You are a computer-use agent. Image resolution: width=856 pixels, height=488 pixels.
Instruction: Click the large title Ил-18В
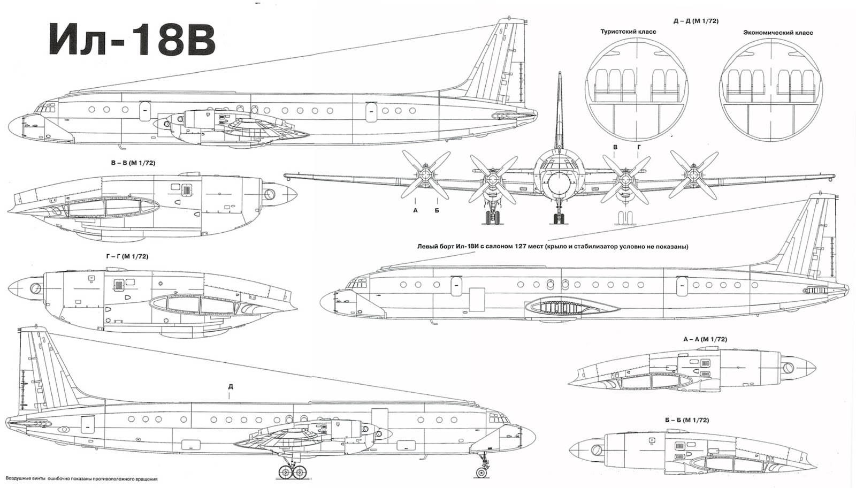click(x=132, y=40)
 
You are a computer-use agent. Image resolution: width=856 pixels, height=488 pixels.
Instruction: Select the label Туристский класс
click(x=628, y=32)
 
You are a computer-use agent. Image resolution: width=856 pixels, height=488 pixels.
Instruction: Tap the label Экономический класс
click(x=778, y=33)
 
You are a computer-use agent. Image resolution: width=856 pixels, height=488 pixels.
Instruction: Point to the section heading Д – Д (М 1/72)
click(x=696, y=21)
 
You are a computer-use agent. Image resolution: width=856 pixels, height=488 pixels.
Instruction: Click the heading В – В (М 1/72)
click(x=133, y=163)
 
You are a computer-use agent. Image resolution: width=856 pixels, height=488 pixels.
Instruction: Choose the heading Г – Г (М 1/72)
click(x=127, y=256)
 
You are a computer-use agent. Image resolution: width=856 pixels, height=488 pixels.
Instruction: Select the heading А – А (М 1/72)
click(x=705, y=339)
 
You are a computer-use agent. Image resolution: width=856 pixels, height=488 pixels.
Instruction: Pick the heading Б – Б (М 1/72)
click(x=687, y=420)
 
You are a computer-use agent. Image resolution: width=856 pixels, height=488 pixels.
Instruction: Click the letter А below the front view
click(x=415, y=210)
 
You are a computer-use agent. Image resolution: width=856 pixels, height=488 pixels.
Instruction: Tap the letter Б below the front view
click(x=437, y=210)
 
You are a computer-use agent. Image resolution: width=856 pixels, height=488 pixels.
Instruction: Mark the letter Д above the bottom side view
click(x=231, y=386)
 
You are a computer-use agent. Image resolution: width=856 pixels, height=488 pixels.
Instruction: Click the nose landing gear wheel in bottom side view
click(x=481, y=472)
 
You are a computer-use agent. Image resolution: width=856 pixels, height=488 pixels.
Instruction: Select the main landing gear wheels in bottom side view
click(x=293, y=472)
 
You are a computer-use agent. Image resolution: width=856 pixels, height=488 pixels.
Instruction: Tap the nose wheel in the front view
click(x=559, y=218)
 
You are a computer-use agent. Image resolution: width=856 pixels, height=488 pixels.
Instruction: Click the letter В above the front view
click(x=615, y=147)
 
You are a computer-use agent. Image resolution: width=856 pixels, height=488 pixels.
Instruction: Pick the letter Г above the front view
click(x=639, y=147)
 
